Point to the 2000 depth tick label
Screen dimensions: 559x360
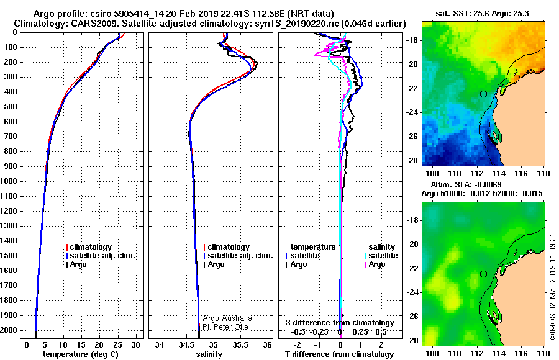[9, 330]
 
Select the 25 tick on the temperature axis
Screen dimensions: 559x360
[117, 344]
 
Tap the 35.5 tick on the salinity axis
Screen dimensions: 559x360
[240, 344]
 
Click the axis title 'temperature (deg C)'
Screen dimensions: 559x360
[81, 354]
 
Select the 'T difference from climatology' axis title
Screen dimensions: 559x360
[340, 354]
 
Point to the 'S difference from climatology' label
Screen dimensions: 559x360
[340, 323]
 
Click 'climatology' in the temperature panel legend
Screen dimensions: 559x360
[91, 247]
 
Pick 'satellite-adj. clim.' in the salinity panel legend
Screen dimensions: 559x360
[240, 256]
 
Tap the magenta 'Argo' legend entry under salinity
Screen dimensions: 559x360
[377, 264]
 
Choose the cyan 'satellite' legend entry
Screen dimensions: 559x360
[383, 256]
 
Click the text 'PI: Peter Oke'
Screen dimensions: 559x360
[225, 327]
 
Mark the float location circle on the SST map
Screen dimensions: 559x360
[483, 94]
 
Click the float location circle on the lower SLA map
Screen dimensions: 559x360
[483, 274]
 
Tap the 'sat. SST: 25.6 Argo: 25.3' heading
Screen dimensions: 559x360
[483, 14]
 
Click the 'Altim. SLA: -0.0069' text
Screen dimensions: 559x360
[466, 184]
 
